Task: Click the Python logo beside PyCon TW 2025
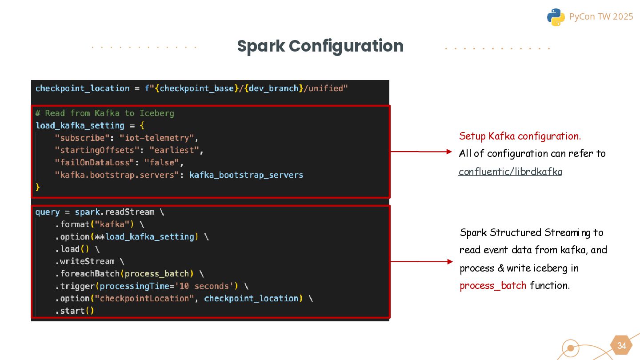[x=556, y=17]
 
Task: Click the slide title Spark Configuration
[x=320, y=46]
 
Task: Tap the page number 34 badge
[x=621, y=346]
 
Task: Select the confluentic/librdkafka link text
[x=510, y=172]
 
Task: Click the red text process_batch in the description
[x=493, y=285]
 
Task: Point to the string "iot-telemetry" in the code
[x=156, y=138]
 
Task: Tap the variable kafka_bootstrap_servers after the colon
[x=246, y=175]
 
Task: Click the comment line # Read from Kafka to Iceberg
[x=105, y=113]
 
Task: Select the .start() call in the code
[x=75, y=311]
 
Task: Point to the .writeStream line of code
[x=85, y=261]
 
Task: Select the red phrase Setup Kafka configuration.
[x=520, y=136]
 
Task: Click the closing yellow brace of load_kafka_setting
[x=38, y=187]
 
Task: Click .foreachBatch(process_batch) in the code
[x=124, y=274]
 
